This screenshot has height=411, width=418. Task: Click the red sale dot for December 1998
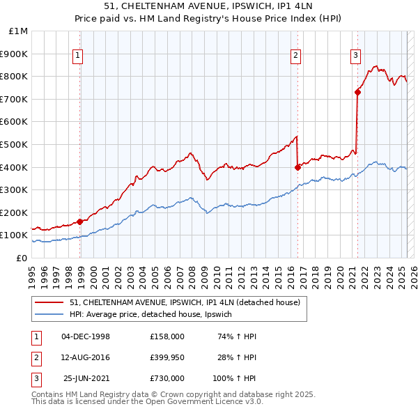(80, 222)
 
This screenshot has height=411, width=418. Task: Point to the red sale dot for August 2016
(297, 166)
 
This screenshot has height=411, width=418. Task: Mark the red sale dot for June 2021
(357, 91)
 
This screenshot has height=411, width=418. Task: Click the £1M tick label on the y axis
(19, 31)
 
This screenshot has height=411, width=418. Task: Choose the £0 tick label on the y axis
(22, 258)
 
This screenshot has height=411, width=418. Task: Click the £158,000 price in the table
(167, 336)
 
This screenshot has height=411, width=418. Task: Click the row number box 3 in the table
(36, 378)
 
